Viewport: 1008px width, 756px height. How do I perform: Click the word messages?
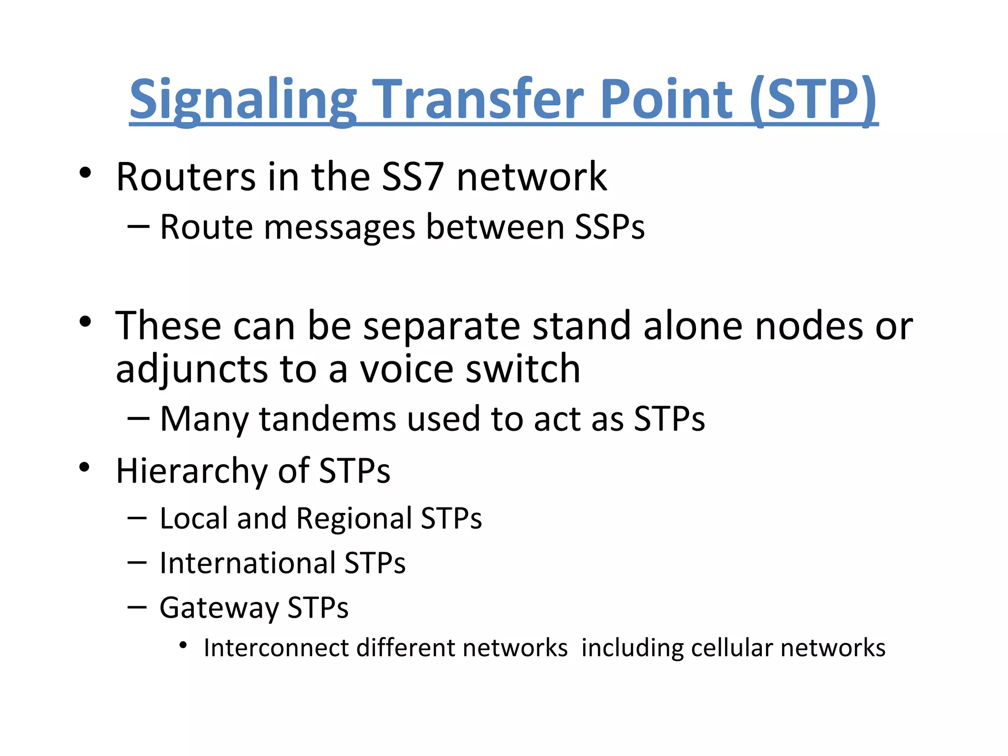(x=340, y=228)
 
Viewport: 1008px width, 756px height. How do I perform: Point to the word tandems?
(x=328, y=419)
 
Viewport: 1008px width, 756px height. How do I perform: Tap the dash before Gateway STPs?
(x=136, y=607)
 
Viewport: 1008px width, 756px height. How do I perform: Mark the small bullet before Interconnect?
(x=183, y=645)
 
